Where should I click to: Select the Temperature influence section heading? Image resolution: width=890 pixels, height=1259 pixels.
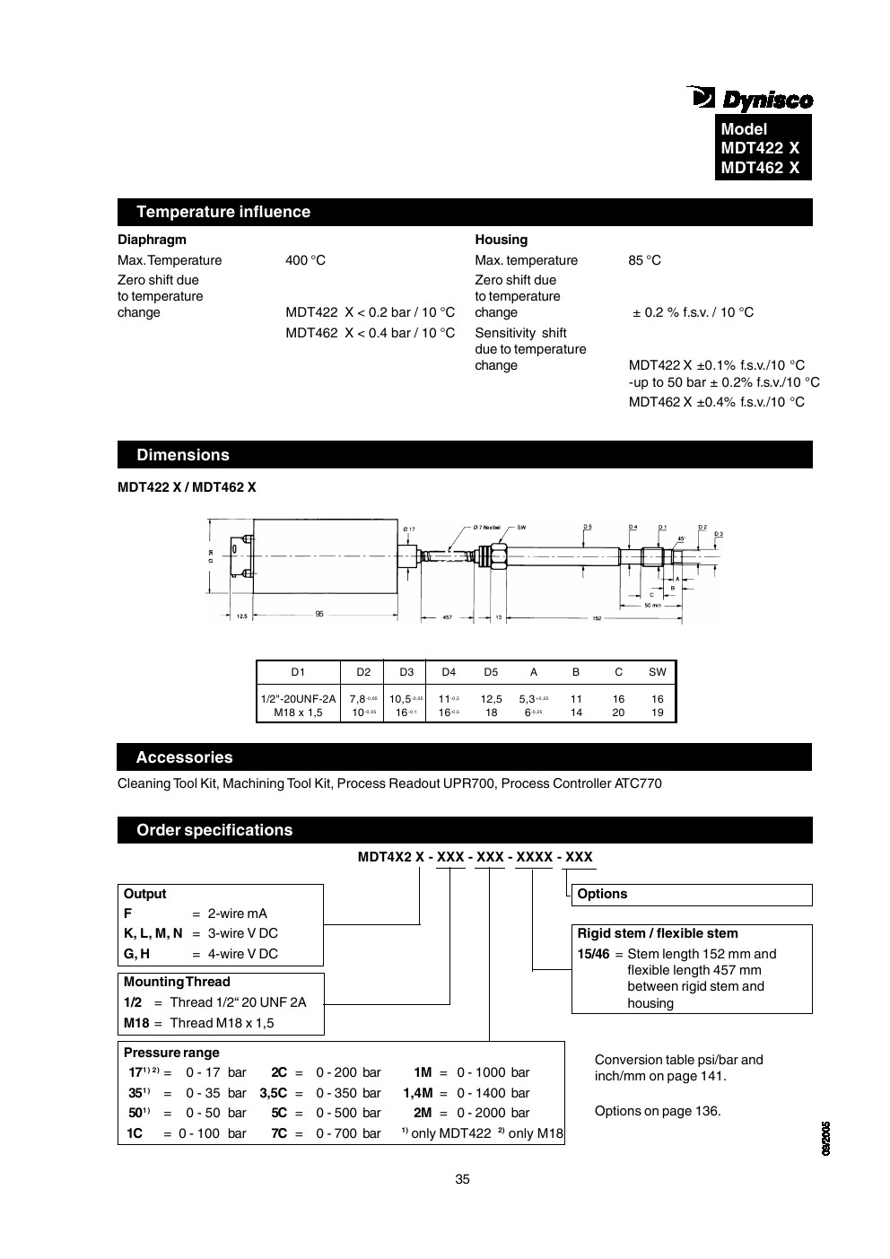[223, 212]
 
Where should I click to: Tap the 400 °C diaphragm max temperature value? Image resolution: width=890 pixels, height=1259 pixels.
[305, 260]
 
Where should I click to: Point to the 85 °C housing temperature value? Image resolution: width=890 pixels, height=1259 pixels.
[644, 260]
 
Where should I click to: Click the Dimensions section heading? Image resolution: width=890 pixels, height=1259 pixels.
[183, 455]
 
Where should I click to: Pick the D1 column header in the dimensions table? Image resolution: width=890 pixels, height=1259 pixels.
[298, 672]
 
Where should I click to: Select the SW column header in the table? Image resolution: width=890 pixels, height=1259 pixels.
[658, 672]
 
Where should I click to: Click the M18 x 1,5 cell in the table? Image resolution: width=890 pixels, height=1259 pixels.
[298, 713]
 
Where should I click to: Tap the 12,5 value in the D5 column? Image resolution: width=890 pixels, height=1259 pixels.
[491, 699]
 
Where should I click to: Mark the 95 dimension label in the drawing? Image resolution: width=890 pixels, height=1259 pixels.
[319, 615]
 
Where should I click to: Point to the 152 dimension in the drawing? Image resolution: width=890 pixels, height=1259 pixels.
[597, 617]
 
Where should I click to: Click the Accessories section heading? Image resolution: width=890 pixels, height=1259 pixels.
[184, 757]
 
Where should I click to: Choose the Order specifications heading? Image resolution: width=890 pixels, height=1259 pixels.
[214, 830]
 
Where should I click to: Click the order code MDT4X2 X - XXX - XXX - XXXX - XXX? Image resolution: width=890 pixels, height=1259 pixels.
[475, 857]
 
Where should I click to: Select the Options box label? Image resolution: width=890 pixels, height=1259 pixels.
[602, 894]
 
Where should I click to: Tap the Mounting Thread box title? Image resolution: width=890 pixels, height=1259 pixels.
[177, 982]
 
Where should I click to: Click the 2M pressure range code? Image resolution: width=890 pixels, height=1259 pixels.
[423, 1114]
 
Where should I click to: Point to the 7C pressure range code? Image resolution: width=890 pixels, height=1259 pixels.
[279, 1133]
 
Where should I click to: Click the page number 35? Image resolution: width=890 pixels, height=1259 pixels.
[462, 1179]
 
